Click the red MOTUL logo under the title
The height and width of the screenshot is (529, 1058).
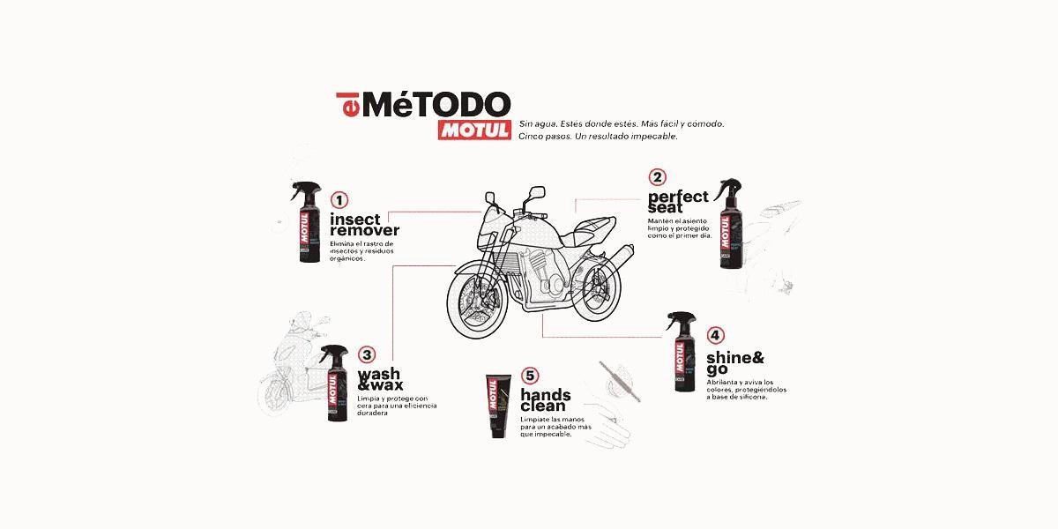(x=474, y=129)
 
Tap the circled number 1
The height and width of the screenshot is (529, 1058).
(x=339, y=200)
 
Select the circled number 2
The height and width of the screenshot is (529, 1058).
(x=658, y=177)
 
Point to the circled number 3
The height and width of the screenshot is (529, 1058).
(x=367, y=355)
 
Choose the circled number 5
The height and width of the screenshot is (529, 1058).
(x=529, y=376)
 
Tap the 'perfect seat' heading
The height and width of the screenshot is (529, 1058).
(x=678, y=202)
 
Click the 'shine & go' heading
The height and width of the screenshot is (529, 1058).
(x=734, y=363)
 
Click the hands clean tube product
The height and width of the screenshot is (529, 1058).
(x=495, y=406)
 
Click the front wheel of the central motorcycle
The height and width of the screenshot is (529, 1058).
(x=475, y=299)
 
